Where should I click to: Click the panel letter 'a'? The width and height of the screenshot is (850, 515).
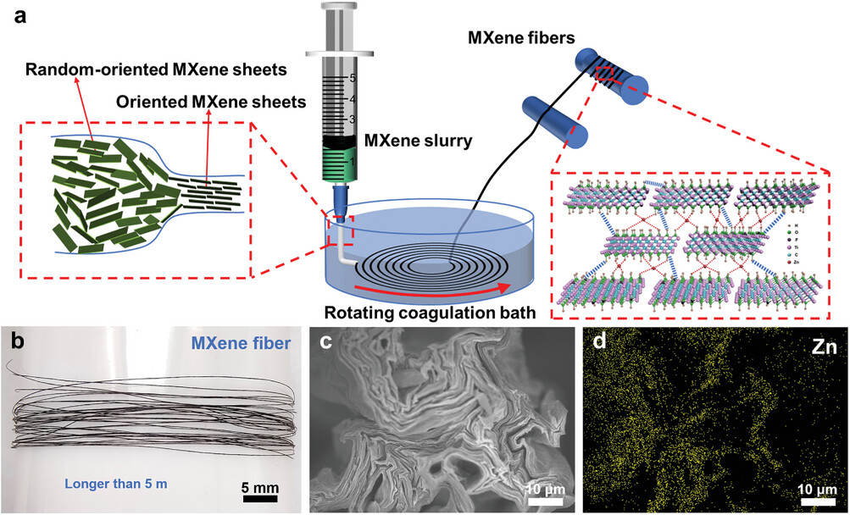click(14, 15)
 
